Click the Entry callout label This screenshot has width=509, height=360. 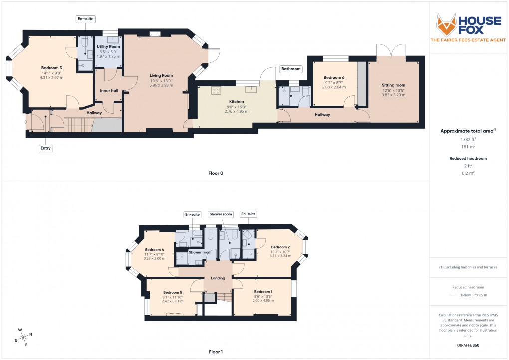(45, 148)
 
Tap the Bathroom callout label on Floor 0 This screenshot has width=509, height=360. (291, 69)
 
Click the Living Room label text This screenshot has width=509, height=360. (161, 75)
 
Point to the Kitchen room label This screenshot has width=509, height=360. (236, 102)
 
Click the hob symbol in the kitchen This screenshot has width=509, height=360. (217, 90)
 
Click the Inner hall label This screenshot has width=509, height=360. (109, 91)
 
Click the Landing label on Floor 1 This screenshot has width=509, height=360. (218, 278)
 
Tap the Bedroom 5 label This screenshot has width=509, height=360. (173, 292)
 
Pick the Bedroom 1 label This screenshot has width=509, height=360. (263, 292)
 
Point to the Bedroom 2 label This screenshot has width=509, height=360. (280, 247)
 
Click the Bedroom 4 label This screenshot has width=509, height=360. (155, 250)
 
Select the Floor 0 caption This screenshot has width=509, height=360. (216, 173)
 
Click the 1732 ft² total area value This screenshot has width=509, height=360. (468, 140)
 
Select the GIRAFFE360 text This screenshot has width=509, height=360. (467, 345)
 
